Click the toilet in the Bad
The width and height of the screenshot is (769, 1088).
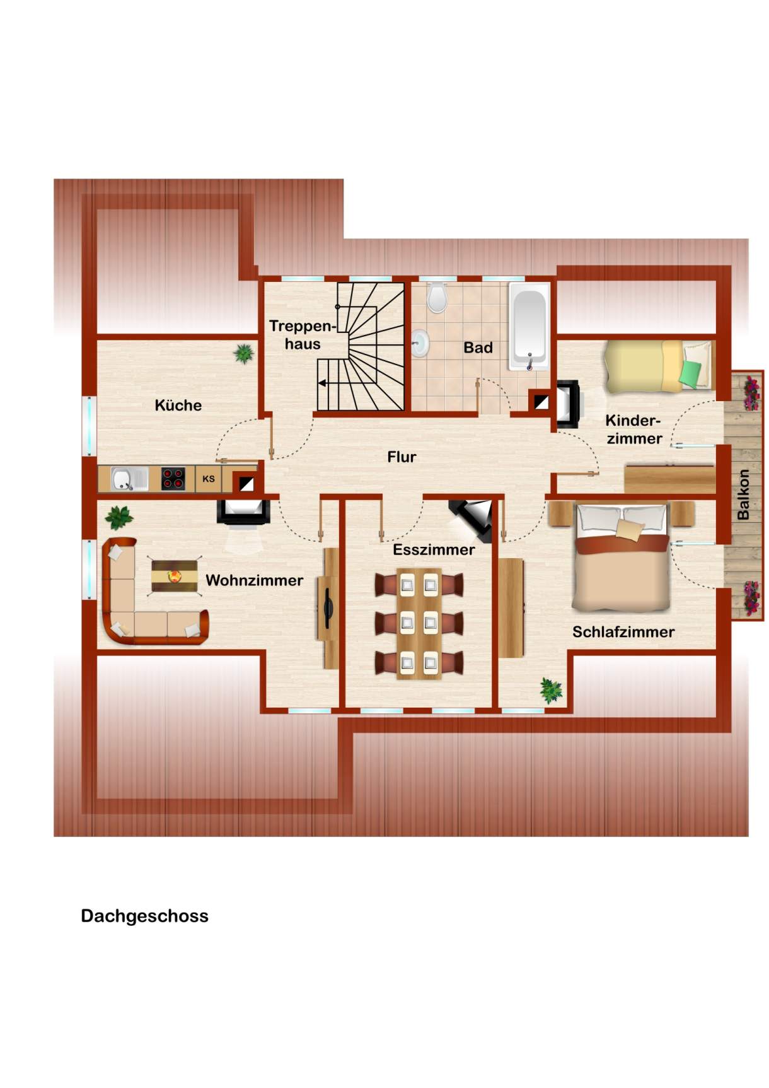[x=437, y=297]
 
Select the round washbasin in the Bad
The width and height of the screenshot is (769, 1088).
[x=420, y=344]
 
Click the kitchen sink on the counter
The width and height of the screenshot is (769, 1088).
[x=129, y=479]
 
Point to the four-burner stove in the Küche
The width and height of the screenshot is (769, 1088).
[x=173, y=479]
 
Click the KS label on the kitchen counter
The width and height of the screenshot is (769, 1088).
[x=209, y=479]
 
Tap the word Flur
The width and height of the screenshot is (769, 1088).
[x=402, y=457]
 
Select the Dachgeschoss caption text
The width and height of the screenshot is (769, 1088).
[x=144, y=916]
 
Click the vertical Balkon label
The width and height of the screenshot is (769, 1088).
[x=743, y=494]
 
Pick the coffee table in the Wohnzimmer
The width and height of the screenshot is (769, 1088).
[x=175, y=575]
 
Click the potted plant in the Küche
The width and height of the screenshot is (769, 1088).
[x=244, y=353]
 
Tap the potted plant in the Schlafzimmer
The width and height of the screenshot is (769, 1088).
[x=551, y=691]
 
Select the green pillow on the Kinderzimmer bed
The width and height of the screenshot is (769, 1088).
[x=690, y=374]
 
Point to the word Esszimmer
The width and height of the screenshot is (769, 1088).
[x=434, y=549]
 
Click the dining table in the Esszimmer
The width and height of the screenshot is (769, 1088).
[x=419, y=623]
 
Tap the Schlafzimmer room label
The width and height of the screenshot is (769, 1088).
[x=623, y=631]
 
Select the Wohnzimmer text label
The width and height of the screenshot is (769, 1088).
[x=254, y=580]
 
